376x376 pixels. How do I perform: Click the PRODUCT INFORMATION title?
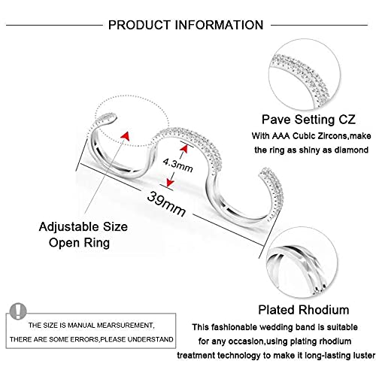click(x=186, y=25)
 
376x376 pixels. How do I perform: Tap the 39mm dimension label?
click(x=167, y=204)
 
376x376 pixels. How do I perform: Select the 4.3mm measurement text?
click(x=178, y=165)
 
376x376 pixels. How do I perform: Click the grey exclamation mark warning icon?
click(x=18, y=311)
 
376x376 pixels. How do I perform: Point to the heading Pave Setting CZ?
click(x=308, y=120)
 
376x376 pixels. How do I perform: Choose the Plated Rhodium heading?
click(x=304, y=310)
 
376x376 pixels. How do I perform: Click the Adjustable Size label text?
click(x=83, y=227)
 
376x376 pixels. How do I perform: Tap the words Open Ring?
click(x=79, y=243)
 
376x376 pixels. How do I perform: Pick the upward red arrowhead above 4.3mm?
click(x=183, y=149)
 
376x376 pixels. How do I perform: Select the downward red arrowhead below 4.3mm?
click(x=170, y=183)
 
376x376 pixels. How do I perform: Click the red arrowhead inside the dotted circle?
click(x=126, y=135)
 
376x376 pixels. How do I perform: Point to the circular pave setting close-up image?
click(x=305, y=74)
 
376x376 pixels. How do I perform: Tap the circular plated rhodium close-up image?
click(x=302, y=262)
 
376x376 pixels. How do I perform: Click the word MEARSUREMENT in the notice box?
click(x=125, y=326)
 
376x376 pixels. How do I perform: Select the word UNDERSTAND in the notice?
click(x=150, y=339)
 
